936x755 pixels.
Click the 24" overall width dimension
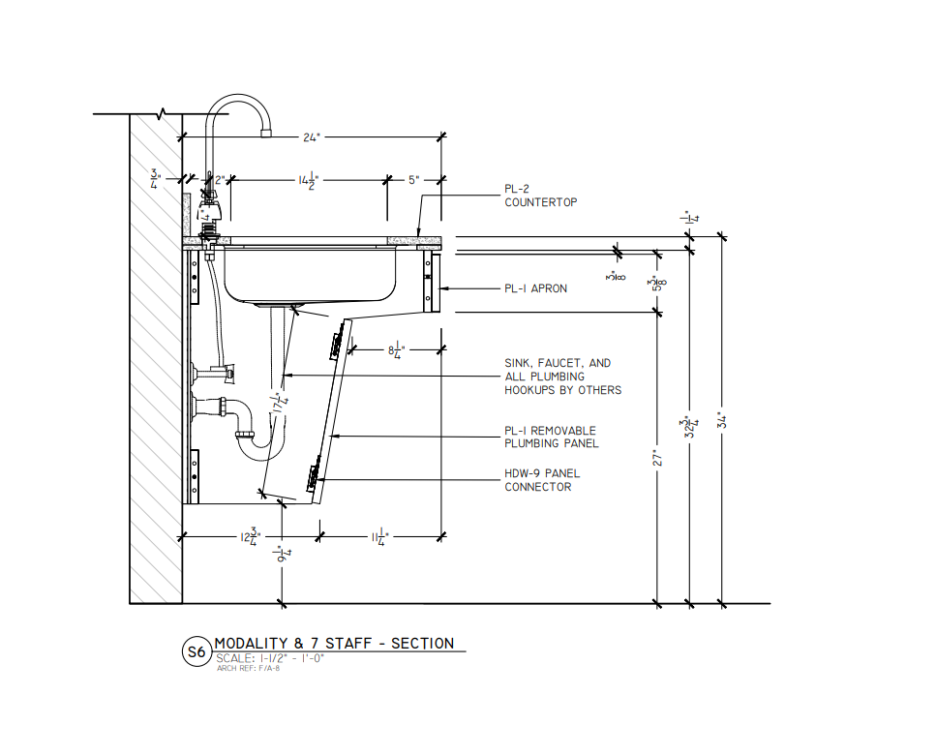pos(311,137)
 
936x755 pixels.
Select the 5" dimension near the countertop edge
pos(412,180)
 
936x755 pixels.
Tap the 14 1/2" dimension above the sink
pos(306,180)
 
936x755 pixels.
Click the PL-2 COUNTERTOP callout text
pos(540,196)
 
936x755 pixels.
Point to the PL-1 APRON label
pos(535,288)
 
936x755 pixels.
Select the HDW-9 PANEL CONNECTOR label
pos(543,480)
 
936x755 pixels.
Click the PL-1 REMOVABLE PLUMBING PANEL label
pos(551,437)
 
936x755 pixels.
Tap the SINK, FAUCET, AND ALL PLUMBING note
pos(561,377)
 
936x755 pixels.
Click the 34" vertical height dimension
pos(721,420)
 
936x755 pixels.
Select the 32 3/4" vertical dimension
pos(689,426)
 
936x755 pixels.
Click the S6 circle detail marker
pos(196,652)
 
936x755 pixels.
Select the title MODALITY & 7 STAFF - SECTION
pos(333,644)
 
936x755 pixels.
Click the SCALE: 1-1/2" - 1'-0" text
pos(270,658)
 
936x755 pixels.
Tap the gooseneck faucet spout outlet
pos(266,132)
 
